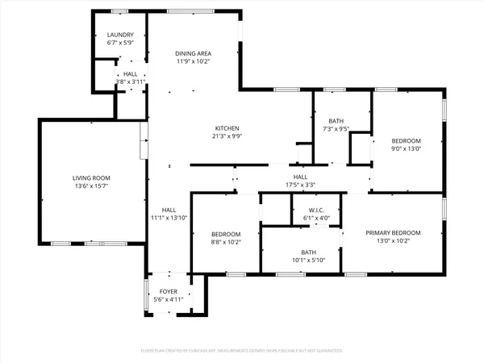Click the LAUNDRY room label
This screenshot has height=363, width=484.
[x=120, y=35]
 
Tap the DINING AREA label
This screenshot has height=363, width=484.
[x=193, y=52]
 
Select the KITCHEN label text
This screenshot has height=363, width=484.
[x=227, y=129]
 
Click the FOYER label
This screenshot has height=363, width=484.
[x=168, y=292]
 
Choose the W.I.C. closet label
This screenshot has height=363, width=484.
[x=310, y=210]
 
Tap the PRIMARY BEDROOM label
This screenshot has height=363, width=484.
[x=393, y=233]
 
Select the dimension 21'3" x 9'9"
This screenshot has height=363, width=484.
[x=227, y=137]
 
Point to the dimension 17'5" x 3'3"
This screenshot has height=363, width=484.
[x=300, y=185]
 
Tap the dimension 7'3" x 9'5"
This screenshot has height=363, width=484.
[x=336, y=128]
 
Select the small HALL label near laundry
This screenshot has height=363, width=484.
[x=130, y=74]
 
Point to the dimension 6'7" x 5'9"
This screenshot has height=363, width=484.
[x=120, y=44]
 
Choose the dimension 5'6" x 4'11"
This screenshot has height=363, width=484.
[x=168, y=300]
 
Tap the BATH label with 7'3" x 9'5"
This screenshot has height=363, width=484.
[x=336, y=120]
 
